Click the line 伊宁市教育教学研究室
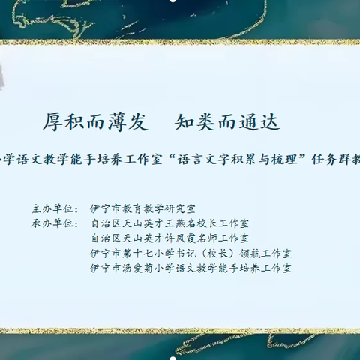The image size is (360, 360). click(142, 209)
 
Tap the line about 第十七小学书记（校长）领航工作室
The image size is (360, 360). click(190, 253)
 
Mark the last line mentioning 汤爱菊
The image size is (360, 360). click(190, 267)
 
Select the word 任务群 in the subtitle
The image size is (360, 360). click(325, 160)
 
